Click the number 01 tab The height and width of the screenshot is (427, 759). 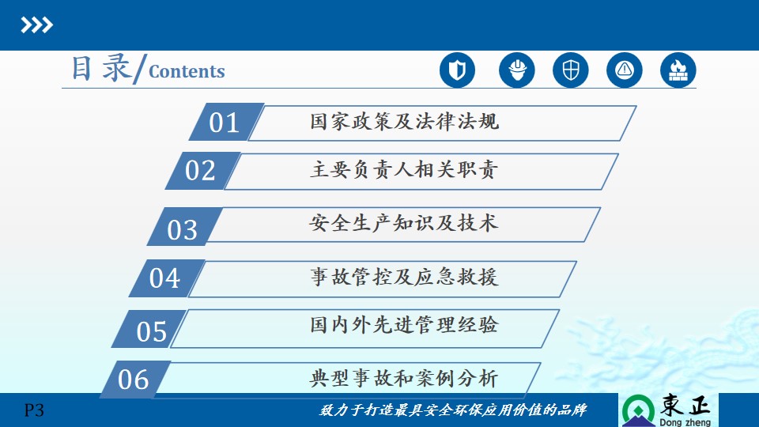(227, 122)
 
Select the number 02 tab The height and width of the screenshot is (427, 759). (203, 171)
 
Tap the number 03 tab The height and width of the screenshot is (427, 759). (185, 227)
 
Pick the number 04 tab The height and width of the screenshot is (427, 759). (167, 278)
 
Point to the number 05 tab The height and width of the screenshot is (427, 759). (149, 329)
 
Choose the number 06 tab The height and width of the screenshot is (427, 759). (135, 380)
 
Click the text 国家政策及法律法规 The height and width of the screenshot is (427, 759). (404, 122)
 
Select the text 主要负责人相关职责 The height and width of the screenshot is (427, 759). (404, 170)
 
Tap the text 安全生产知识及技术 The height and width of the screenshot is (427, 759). (404, 223)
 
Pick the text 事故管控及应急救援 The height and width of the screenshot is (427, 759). (404, 277)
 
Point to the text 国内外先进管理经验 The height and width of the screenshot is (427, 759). (404, 325)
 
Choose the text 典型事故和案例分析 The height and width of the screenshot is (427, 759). (404, 378)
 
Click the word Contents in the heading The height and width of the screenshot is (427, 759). (187, 71)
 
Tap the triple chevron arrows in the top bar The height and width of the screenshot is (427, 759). (37, 25)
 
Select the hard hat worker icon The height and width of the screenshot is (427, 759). (517, 70)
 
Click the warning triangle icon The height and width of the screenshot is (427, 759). (625, 70)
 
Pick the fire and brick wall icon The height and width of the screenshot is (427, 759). (678, 70)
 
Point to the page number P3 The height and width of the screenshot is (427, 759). (34, 410)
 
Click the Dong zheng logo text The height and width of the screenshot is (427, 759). (685, 422)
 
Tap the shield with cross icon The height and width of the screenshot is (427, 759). (571, 70)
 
